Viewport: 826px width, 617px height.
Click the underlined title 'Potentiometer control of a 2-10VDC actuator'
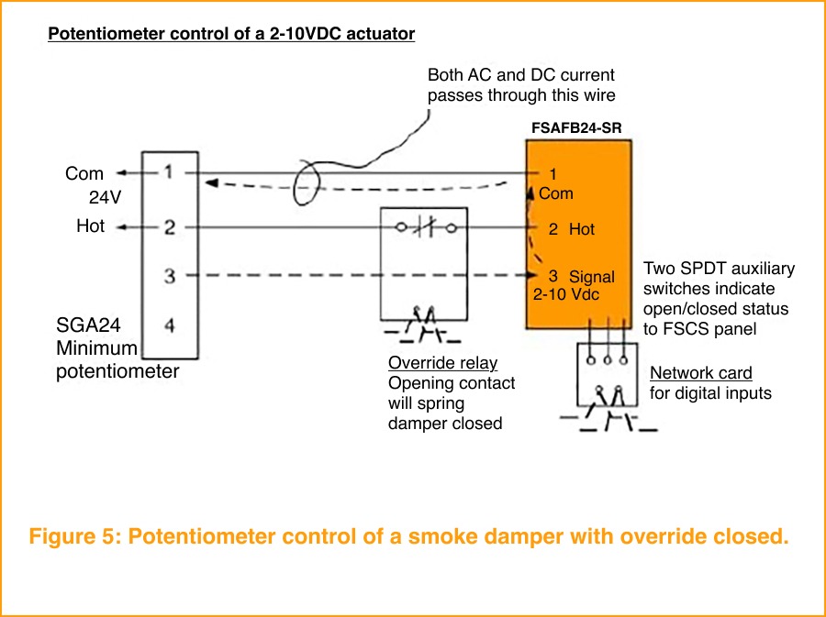[231, 35]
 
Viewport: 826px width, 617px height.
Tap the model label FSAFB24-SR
[575, 128]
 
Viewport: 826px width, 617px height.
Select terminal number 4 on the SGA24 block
[170, 325]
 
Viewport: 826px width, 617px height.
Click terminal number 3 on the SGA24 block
[170, 276]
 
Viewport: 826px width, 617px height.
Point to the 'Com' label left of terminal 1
[84, 173]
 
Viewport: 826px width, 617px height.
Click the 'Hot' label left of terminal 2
[90, 226]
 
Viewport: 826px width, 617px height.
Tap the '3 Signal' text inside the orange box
[582, 276]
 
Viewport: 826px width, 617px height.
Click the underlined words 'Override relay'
[442, 364]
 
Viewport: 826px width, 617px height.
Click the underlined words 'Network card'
[700, 373]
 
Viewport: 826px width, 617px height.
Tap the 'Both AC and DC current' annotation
[521, 75]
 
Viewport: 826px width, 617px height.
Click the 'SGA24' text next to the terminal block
[88, 325]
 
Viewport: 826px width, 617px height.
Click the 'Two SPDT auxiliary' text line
[719, 269]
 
